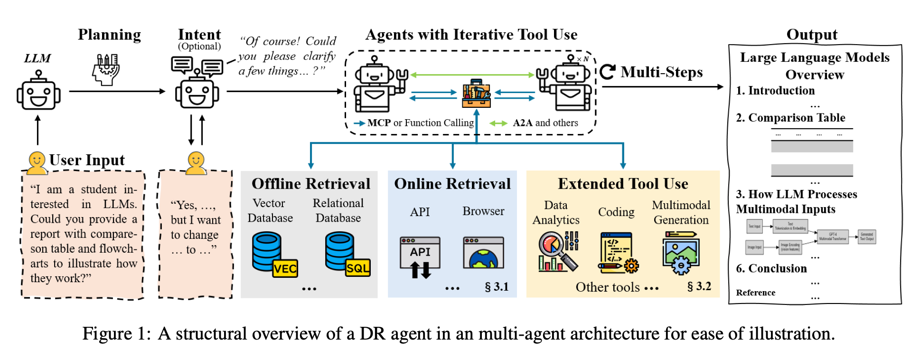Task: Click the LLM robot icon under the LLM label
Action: click(38, 91)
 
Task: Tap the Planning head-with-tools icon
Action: click(106, 70)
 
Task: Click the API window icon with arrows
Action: click(420, 257)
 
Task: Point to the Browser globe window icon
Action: click(483, 253)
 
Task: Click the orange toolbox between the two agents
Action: click(476, 94)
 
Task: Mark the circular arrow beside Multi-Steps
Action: click(607, 72)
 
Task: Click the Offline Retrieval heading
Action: click(310, 184)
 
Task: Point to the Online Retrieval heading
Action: click(452, 184)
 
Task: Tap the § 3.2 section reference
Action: click(699, 286)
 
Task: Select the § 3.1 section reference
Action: click(497, 286)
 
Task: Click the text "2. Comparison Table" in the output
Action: click(790, 118)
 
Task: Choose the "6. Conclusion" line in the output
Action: click(771, 268)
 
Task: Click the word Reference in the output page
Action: click(756, 293)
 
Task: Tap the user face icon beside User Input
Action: click(36, 162)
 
